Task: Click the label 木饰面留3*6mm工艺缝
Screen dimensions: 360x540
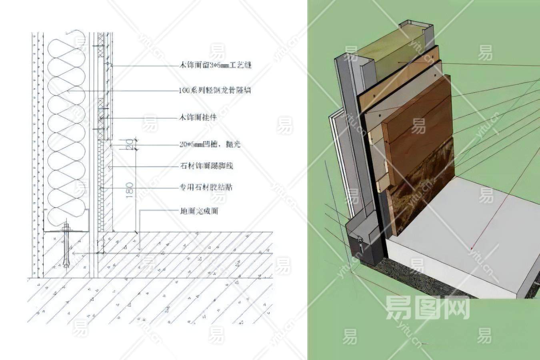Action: tap(216, 65)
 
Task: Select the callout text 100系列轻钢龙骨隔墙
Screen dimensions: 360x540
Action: tap(215, 91)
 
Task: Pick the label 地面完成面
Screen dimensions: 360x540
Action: tap(199, 211)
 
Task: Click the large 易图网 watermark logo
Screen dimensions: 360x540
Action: tap(427, 308)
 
